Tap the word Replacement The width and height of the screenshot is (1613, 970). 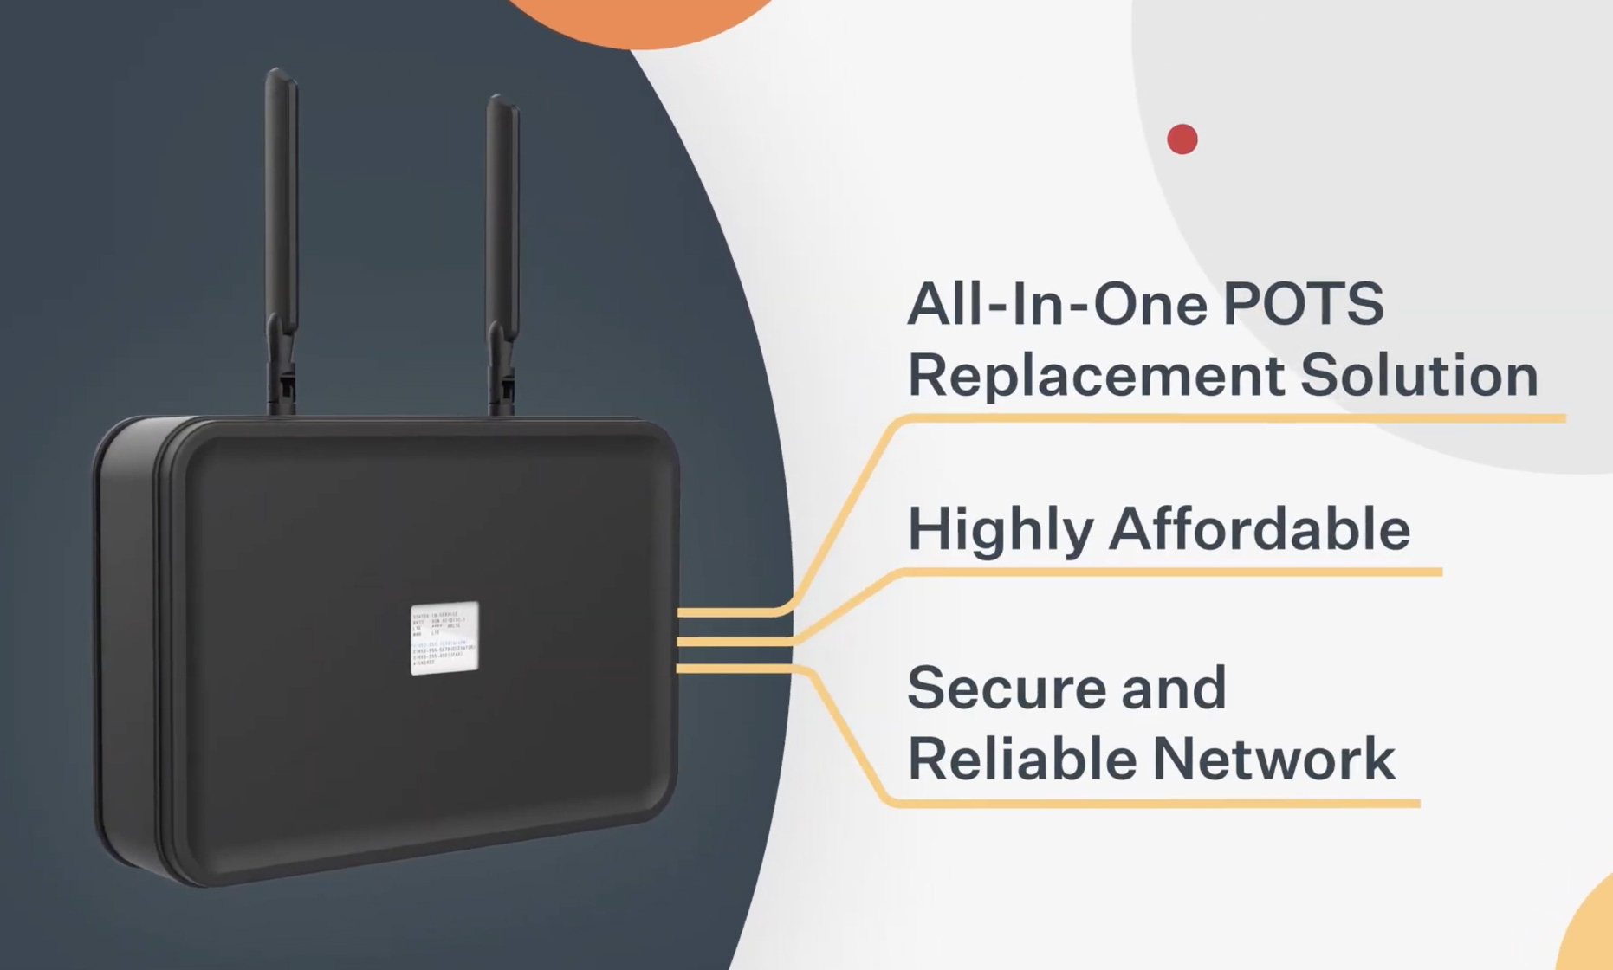point(1095,376)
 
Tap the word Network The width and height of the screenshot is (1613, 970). point(1273,759)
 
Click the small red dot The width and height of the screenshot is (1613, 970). point(1182,139)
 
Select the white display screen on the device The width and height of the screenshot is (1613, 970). point(444,637)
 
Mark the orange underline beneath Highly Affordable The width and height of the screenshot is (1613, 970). point(1169,572)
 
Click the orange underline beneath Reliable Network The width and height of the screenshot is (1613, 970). point(1152,804)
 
